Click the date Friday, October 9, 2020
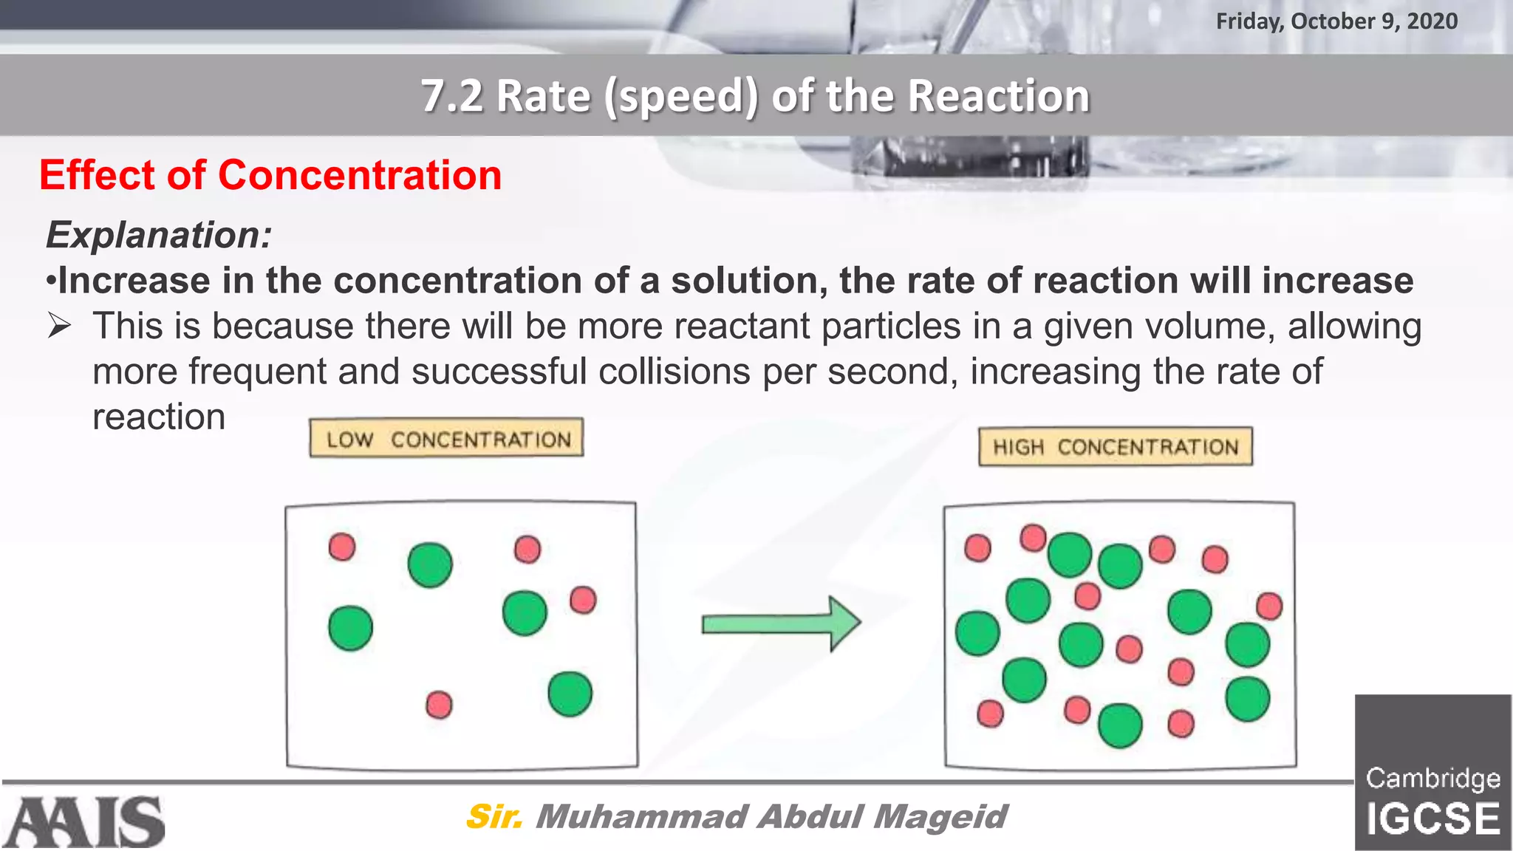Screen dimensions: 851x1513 [x=1336, y=21]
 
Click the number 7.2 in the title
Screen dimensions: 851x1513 [x=451, y=96]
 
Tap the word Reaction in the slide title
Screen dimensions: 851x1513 [x=998, y=96]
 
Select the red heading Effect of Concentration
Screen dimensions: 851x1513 [x=270, y=176]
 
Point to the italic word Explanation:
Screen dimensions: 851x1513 [x=159, y=235]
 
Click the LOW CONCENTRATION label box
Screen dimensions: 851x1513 [x=446, y=439]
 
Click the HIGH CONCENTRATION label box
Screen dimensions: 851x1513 [x=1115, y=447]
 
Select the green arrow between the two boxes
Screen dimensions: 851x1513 [x=780, y=624]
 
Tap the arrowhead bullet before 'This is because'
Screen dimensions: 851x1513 [x=59, y=326]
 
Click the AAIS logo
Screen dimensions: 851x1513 [x=83, y=822]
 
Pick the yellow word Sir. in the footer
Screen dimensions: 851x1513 [x=493, y=817]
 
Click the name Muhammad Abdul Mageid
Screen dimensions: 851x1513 [x=771, y=817]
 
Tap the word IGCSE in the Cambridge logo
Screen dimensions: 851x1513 [x=1432, y=819]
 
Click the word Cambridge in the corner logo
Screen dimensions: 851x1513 [x=1432, y=779]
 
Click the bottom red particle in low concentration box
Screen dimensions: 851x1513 [x=439, y=705]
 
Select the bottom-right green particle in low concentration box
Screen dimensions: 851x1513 [x=570, y=694]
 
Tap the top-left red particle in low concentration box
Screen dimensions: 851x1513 [x=342, y=547]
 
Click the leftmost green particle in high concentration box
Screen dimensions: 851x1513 [x=977, y=633]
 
